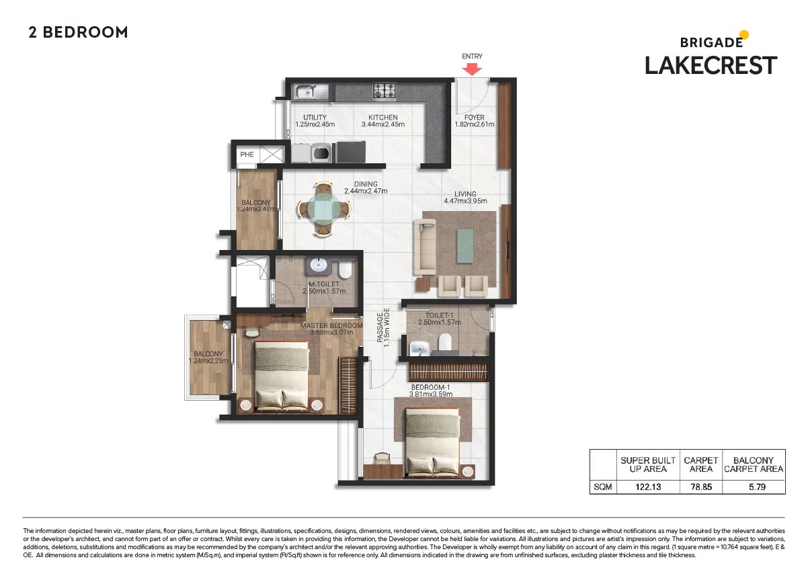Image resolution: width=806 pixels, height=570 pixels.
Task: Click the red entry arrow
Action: click(x=472, y=69)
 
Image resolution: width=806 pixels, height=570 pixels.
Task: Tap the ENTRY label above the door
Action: click(x=472, y=56)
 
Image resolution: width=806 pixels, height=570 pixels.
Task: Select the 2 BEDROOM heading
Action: click(x=78, y=32)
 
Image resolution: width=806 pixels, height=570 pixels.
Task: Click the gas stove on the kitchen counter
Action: click(x=385, y=89)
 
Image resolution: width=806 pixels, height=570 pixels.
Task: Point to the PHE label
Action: click(x=247, y=155)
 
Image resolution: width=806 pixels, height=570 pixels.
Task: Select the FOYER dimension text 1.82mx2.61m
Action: click(x=474, y=124)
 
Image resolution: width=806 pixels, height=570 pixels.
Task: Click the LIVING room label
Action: click(x=465, y=194)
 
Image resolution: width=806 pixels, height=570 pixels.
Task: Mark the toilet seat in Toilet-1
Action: click(x=444, y=343)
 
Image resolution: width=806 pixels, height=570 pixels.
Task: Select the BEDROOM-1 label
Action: click(x=431, y=387)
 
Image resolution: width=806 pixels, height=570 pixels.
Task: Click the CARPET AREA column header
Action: click(x=701, y=464)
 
